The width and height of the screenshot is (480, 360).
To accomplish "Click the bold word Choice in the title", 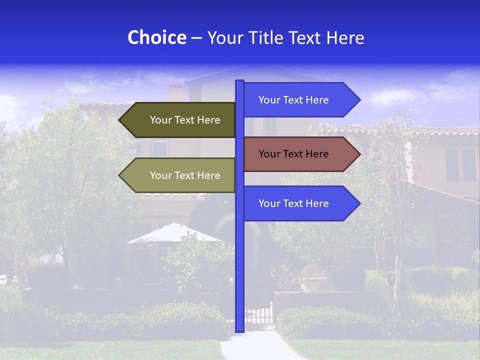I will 156,37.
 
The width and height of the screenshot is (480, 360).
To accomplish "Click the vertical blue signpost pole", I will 239,260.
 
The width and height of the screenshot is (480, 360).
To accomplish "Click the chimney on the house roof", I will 175,92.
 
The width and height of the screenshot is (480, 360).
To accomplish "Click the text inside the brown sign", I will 293,154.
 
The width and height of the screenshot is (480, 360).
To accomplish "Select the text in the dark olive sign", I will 185,120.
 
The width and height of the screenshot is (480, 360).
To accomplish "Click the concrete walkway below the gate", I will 255,345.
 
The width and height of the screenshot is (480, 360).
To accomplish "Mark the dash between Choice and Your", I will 196,38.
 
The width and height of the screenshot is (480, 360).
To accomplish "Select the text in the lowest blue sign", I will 293,203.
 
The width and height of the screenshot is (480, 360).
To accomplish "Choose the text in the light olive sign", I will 185,175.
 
